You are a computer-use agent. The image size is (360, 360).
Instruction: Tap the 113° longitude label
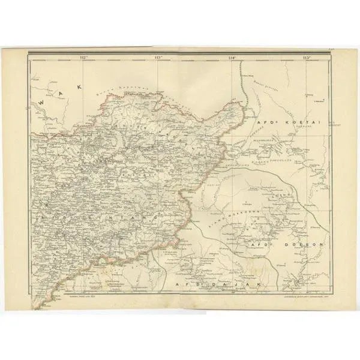coord(158,58)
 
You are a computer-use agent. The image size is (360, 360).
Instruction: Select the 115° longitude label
coord(307,58)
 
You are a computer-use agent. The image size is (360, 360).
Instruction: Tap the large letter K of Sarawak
coord(78,87)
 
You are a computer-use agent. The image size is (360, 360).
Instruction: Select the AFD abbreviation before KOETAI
coord(265,122)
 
